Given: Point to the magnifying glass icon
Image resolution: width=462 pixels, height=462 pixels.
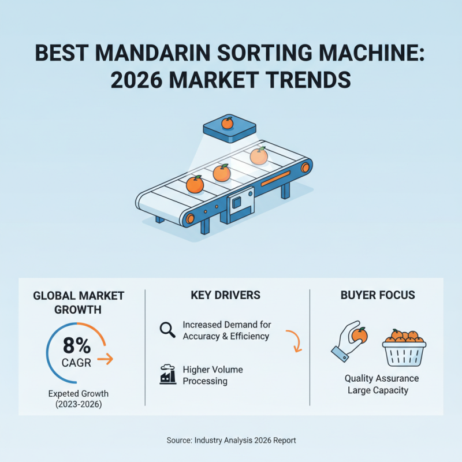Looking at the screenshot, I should pyautogui.click(x=167, y=330).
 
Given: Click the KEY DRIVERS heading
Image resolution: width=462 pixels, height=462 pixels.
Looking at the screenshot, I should pyautogui.click(x=225, y=295).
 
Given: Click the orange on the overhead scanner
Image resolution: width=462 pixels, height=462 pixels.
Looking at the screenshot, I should pyautogui.click(x=227, y=122).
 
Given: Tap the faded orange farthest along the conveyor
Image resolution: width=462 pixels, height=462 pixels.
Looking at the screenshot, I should pyautogui.click(x=258, y=155).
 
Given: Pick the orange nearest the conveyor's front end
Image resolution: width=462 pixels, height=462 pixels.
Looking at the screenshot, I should pyautogui.click(x=195, y=184).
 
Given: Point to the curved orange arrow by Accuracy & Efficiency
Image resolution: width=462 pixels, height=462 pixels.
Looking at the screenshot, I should pyautogui.click(x=295, y=341).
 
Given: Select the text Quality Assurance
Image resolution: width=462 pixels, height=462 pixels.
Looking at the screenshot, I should pyautogui.click(x=382, y=378).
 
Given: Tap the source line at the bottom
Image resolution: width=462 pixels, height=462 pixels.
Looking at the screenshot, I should pyautogui.click(x=231, y=440).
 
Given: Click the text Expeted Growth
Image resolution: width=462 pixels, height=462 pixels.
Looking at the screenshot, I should pyautogui.click(x=78, y=394).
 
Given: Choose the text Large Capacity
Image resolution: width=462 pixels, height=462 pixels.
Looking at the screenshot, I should pyautogui.click(x=378, y=390).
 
